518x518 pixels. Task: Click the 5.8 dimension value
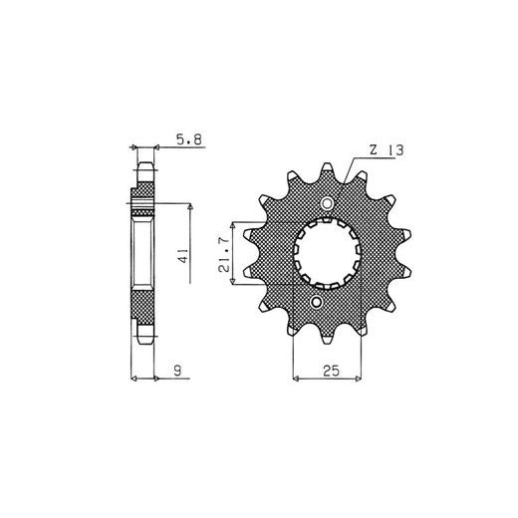[x=189, y=139]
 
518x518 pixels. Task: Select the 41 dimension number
[x=183, y=255]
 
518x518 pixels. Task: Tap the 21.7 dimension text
[x=224, y=255]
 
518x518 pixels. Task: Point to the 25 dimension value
[x=331, y=371]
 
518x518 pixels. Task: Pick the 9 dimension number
[x=178, y=370]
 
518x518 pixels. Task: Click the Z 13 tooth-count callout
[x=387, y=150]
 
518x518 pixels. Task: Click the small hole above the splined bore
[x=327, y=203]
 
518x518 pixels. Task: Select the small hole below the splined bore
[x=317, y=302]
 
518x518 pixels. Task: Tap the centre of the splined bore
[x=327, y=253]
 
